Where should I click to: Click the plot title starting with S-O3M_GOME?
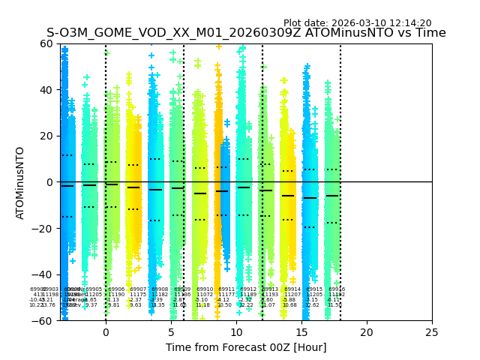point(246,33)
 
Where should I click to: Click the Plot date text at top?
point(357,23)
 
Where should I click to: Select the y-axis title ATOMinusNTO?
point(20,182)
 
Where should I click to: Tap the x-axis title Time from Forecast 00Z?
point(246,347)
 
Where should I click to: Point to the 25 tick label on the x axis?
point(432,332)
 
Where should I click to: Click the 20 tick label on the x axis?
point(367,332)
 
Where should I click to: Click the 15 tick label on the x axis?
point(301,332)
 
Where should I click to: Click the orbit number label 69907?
point(138,289)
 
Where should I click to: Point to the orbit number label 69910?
point(205,289)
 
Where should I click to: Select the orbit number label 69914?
point(292,289)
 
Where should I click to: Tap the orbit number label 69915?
point(314,289)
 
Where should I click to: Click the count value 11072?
point(205,295)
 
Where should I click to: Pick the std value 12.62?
point(312,305)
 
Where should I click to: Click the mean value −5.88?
point(289,300)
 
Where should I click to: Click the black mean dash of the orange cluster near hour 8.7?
point(222,191)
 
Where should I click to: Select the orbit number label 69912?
point(248,289)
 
